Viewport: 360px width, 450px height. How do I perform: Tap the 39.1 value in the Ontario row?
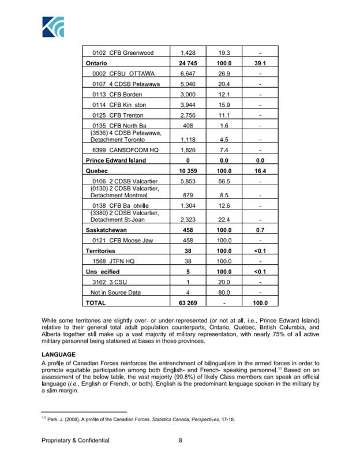point(260,63)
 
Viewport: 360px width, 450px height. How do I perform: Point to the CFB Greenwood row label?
point(119,52)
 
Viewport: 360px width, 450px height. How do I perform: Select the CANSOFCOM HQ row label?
point(121,150)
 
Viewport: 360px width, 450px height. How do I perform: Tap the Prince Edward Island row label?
point(115,160)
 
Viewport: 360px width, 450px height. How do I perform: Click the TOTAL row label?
point(95,302)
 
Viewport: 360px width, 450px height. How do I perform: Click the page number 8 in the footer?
point(181,440)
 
